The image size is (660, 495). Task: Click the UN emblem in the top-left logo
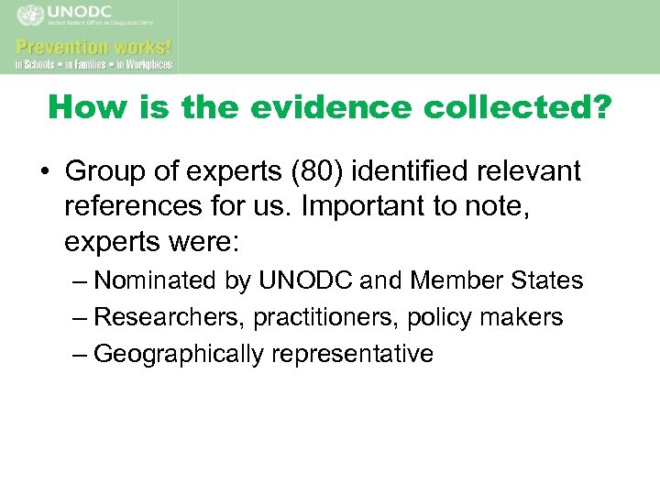pos(30,16)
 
